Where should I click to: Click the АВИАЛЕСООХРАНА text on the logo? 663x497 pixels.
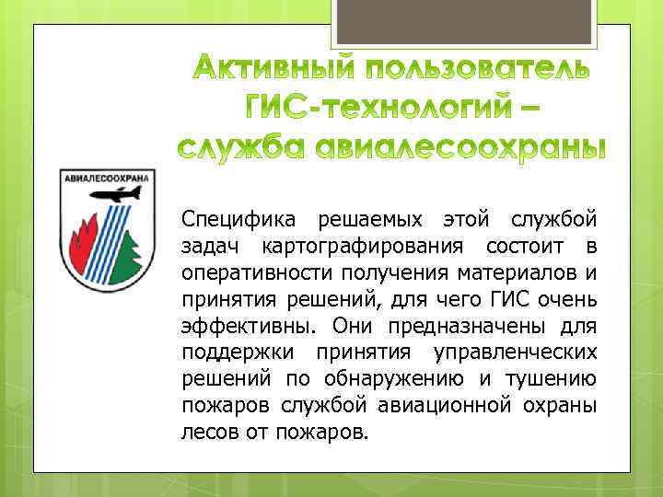click(109, 178)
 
